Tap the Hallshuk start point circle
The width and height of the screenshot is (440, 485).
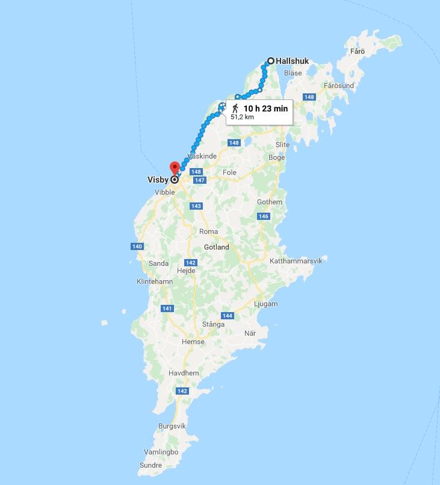(x=271, y=61)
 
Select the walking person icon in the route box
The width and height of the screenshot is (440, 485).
(x=235, y=108)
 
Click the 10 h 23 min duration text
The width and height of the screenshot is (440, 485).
(x=265, y=108)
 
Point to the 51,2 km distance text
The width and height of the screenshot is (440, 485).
(x=242, y=117)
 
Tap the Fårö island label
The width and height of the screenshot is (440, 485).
(x=358, y=51)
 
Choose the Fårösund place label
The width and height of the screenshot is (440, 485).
(x=338, y=86)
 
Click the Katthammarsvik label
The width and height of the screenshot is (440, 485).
(x=296, y=261)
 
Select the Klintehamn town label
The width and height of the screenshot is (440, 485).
(x=155, y=281)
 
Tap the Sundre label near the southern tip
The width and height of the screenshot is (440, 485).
(x=150, y=465)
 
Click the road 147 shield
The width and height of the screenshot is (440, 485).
(x=200, y=180)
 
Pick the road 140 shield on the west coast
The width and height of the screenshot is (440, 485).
(x=137, y=246)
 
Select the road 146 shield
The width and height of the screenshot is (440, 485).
(x=263, y=216)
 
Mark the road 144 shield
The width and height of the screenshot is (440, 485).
(x=227, y=316)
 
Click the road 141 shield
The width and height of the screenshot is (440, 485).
(x=167, y=308)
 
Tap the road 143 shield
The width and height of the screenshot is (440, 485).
(x=196, y=206)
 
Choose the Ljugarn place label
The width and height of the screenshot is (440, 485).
(x=265, y=304)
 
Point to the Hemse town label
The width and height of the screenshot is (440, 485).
(x=193, y=342)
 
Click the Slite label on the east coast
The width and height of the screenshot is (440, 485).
(x=282, y=145)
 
